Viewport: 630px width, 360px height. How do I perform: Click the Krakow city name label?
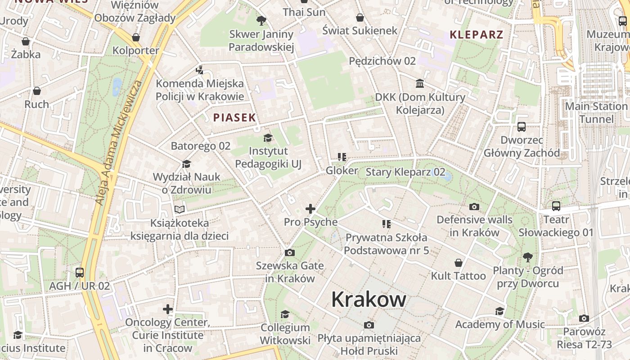pyautogui.click(x=369, y=300)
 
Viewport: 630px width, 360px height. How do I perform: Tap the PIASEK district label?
pyautogui.click(x=234, y=118)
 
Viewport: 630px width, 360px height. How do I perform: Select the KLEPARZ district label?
pyautogui.click(x=476, y=35)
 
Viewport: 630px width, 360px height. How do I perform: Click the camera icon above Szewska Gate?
pyautogui.click(x=289, y=253)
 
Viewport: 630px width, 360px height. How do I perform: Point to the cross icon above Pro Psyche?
pyautogui.click(x=310, y=209)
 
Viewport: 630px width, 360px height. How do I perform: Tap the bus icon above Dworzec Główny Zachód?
pyautogui.click(x=522, y=127)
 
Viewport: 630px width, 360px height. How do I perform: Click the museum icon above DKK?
pyautogui.click(x=420, y=84)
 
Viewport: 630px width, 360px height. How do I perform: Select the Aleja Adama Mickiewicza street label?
pyautogui.click(x=118, y=143)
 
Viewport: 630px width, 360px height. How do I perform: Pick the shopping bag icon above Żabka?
pyautogui.click(x=26, y=41)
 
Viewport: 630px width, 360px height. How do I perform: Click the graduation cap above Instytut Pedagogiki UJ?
pyautogui.click(x=268, y=138)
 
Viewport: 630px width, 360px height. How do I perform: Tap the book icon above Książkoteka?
pyautogui.click(x=180, y=209)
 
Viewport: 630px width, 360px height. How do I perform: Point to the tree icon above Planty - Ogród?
pyautogui.click(x=527, y=257)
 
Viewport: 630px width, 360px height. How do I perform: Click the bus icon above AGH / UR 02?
pyautogui.click(x=80, y=273)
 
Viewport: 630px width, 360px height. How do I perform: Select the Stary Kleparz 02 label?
pyautogui.click(x=405, y=172)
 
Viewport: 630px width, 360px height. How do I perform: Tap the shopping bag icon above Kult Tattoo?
pyautogui.click(x=459, y=263)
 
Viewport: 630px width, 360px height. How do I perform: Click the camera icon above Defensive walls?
pyautogui.click(x=474, y=207)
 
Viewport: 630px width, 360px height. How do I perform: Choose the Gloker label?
pyautogui.click(x=342, y=171)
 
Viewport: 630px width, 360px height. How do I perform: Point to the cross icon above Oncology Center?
pyautogui.click(x=168, y=309)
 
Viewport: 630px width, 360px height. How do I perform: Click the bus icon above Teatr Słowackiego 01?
pyautogui.click(x=556, y=206)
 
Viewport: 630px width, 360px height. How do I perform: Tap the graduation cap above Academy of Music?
pyautogui.click(x=499, y=311)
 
